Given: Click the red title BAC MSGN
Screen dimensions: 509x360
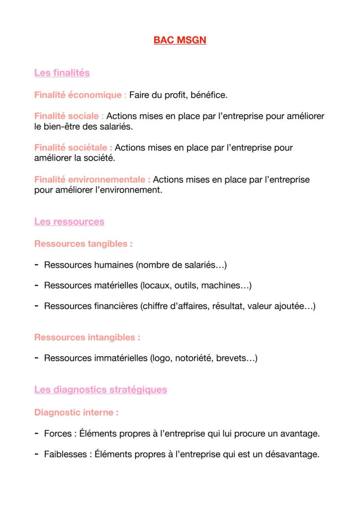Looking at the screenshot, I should click(x=180, y=40).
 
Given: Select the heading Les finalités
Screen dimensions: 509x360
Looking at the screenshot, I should click(x=62, y=73).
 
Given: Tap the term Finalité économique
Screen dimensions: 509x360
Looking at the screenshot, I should click(x=78, y=95).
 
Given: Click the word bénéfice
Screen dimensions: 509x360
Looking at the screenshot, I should click(x=208, y=95).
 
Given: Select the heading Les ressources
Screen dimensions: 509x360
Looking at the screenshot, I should click(x=69, y=222).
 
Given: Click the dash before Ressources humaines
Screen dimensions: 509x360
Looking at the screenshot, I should click(x=37, y=264).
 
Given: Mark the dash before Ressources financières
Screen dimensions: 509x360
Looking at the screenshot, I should click(x=37, y=306).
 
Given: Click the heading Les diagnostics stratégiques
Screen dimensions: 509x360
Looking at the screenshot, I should click(x=100, y=389).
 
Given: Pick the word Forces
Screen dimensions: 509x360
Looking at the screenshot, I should click(x=58, y=434).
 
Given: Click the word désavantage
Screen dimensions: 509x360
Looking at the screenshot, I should click(x=293, y=455).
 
